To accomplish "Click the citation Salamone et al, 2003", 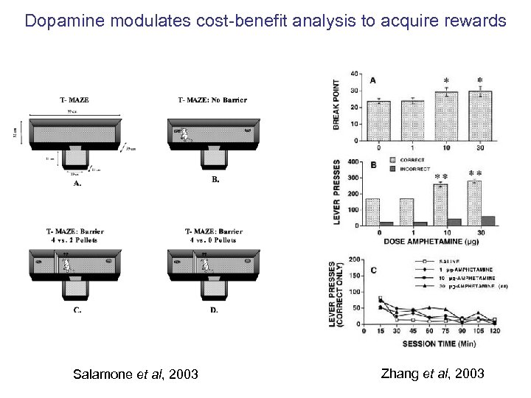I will (136, 374).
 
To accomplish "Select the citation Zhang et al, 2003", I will (432, 374).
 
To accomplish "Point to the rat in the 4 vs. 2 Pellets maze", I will (66, 265).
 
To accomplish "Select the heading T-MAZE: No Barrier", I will (212, 99).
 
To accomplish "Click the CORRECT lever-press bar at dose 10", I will (441, 204).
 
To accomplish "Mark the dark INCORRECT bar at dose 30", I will (488, 220).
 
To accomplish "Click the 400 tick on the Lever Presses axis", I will (355, 161).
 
